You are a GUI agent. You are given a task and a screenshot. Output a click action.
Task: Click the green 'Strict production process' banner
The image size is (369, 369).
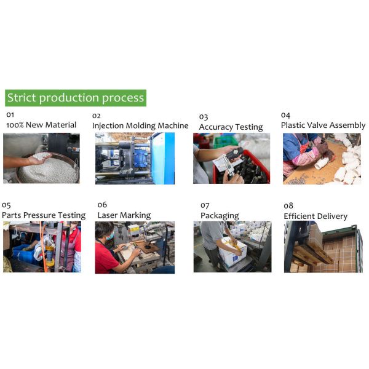(x=76, y=98)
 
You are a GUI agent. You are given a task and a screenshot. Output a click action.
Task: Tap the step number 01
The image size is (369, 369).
(x=10, y=115)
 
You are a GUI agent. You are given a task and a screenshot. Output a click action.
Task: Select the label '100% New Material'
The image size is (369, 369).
(x=41, y=125)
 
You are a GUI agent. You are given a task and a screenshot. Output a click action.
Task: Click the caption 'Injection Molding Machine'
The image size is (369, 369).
(x=140, y=125)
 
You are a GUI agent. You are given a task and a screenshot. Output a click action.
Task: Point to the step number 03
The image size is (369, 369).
(x=204, y=117)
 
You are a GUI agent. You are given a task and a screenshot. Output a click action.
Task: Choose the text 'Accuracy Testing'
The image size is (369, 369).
(x=231, y=127)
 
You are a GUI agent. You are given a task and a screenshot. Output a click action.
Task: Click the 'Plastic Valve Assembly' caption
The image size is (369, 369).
(x=323, y=125)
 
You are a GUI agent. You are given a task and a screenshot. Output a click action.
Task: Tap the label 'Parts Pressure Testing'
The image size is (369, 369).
(x=44, y=215)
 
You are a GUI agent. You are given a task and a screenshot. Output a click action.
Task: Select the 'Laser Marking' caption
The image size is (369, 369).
(x=124, y=215)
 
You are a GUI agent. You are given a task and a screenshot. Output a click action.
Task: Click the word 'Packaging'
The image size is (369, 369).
(x=220, y=216)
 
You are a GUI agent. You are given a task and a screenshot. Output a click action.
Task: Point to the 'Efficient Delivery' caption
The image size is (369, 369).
(x=315, y=216)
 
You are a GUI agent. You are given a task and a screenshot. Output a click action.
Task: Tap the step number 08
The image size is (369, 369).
(x=288, y=206)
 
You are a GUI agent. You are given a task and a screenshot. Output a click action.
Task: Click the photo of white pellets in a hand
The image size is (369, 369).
(x=41, y=158)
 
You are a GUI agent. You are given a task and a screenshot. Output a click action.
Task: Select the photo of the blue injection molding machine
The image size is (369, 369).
(x=135, y=159)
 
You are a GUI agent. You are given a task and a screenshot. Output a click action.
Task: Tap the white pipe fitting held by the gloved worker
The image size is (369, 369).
(x=321, y=164)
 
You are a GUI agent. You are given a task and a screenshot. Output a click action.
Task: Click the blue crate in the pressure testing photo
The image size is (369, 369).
(x=24, y=254)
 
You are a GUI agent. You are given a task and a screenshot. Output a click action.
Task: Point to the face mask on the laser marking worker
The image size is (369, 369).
(x=110, y=236)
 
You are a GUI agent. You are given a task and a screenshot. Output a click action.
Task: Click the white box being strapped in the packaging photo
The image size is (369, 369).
(x=232, y=252)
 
